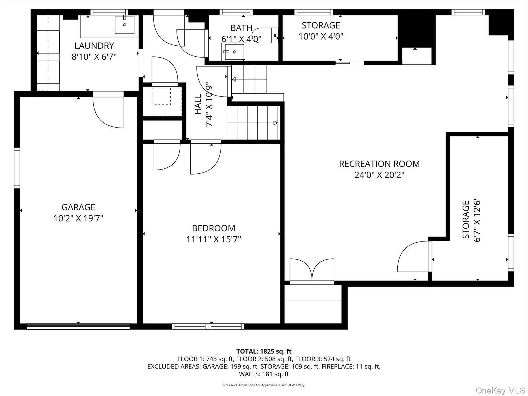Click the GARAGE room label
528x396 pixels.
click(78, 207)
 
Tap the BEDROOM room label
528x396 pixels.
click(214, 228)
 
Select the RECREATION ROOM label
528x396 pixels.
click(379, 164)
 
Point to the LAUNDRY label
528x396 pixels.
click(94, 46)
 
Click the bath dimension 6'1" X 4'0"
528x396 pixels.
click(241, 39)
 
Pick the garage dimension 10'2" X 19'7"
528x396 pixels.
click(78, 218)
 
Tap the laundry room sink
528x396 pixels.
click(124, 24)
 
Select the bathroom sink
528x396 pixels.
click(234, 52)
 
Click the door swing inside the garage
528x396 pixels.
click(108, 111)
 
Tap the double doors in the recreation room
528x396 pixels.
click(312, 270)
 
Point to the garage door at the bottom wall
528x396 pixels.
click(78, 326)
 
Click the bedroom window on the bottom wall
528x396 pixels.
click(208, 327)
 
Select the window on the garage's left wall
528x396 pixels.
click(17, 168)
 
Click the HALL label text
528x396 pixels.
click(198, 104)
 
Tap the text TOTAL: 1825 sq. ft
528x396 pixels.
click(264, 352)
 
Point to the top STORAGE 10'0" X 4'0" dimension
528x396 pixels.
click(321, 36)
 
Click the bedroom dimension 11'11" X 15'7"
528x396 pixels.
click(214, 239)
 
